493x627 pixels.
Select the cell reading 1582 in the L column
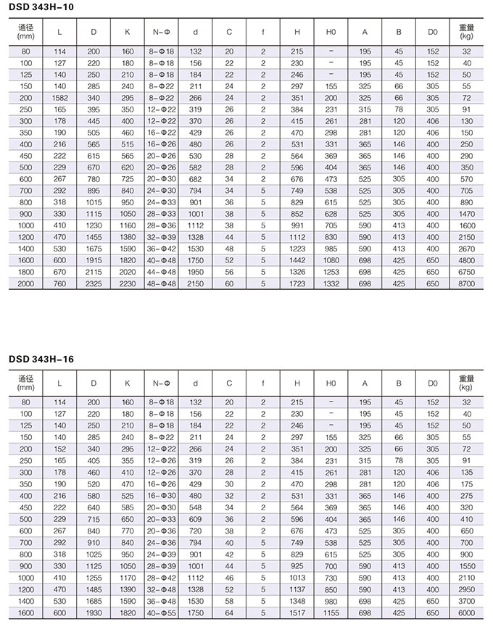coord(59,97)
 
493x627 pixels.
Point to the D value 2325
coord(94,283)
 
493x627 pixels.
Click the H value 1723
coord(297,283)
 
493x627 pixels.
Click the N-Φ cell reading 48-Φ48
coord(163,283)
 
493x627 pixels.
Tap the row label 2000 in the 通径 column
coord(26,283)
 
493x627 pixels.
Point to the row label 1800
coord(26,272)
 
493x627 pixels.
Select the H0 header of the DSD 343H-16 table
coord(331,383)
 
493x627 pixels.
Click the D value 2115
coord(94,272)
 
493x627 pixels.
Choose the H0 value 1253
coord(331,272)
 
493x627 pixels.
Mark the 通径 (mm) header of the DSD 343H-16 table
coord(26,383)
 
